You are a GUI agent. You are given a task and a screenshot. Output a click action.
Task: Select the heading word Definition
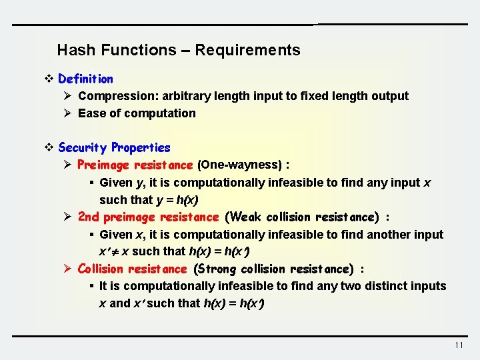click(85, 79)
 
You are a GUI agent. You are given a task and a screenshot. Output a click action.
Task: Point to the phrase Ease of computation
click(137, 113)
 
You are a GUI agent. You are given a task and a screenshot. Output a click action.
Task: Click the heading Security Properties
click(114, 147)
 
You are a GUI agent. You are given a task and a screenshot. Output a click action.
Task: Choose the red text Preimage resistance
click(135, 165)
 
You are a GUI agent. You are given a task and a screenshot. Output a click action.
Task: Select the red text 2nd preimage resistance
click(148, 217)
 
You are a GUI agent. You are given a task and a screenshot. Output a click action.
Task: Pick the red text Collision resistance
click(132, 269)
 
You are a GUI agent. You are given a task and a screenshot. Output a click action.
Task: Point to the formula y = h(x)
click(177, 200)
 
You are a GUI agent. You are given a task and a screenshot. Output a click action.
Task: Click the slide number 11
click(458, 345)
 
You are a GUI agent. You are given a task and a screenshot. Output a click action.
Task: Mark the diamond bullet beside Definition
click(48, 79)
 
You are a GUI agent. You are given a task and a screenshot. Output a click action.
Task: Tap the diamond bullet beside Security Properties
click(48, 147)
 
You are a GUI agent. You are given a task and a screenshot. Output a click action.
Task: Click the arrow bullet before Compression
click(67, 96)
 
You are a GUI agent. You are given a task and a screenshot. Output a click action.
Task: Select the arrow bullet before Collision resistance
click(67, 269)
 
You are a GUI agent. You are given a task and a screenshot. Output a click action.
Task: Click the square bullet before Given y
click(91, 183)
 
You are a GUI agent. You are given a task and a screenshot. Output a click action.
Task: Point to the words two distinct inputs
click(399, 286)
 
